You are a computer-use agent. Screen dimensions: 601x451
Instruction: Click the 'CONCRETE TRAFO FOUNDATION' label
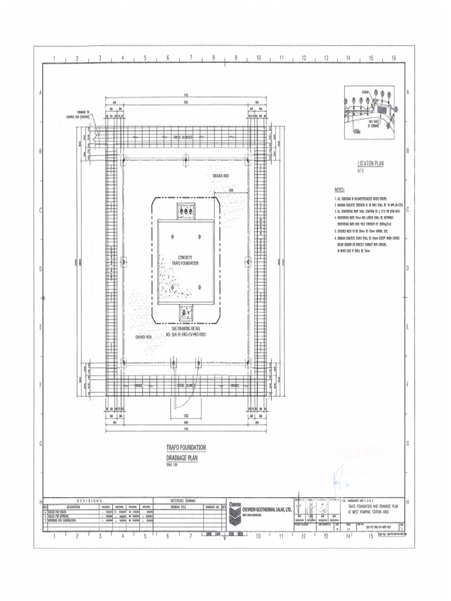(x=188, y=260)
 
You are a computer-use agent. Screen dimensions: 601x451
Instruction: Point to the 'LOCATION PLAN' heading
(x=370, y=164)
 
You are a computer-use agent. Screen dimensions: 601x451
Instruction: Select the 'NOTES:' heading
(x=339, y=190)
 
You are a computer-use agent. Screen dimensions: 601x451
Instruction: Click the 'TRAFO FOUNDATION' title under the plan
(x=186, y=447)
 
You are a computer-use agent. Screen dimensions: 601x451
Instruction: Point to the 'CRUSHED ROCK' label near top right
(x=221, y=175)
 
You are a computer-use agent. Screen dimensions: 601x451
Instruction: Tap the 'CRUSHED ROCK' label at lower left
(x=144, y=337)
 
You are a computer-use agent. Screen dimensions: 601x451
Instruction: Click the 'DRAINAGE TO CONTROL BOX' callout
(x=78, y=114)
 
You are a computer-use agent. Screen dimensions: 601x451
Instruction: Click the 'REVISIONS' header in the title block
(x=88, y=500)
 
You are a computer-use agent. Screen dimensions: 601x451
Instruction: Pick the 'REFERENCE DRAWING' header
(x=186, y=500)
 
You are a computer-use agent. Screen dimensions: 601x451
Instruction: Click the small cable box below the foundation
(x=188, y=313)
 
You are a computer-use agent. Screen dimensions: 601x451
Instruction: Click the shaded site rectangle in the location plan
(x=382, y=109)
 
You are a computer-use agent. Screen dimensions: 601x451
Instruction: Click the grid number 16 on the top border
(x=393, y=59)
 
